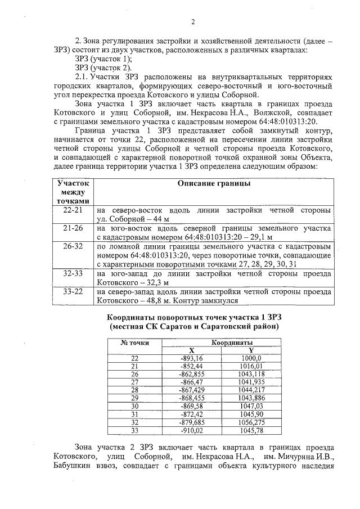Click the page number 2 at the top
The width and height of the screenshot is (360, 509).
click(192, 22)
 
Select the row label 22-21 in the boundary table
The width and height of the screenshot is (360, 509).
click(74, 210)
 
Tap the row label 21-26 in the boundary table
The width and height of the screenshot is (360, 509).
click(74, 228)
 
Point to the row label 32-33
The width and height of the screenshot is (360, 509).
click(74, 274)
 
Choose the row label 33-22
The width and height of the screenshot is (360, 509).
click(74, 292)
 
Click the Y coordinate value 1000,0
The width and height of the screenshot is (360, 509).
click(251, 358)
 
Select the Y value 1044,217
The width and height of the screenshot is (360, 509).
click(251, 389)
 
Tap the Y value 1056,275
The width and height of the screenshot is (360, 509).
click(251, 422)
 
